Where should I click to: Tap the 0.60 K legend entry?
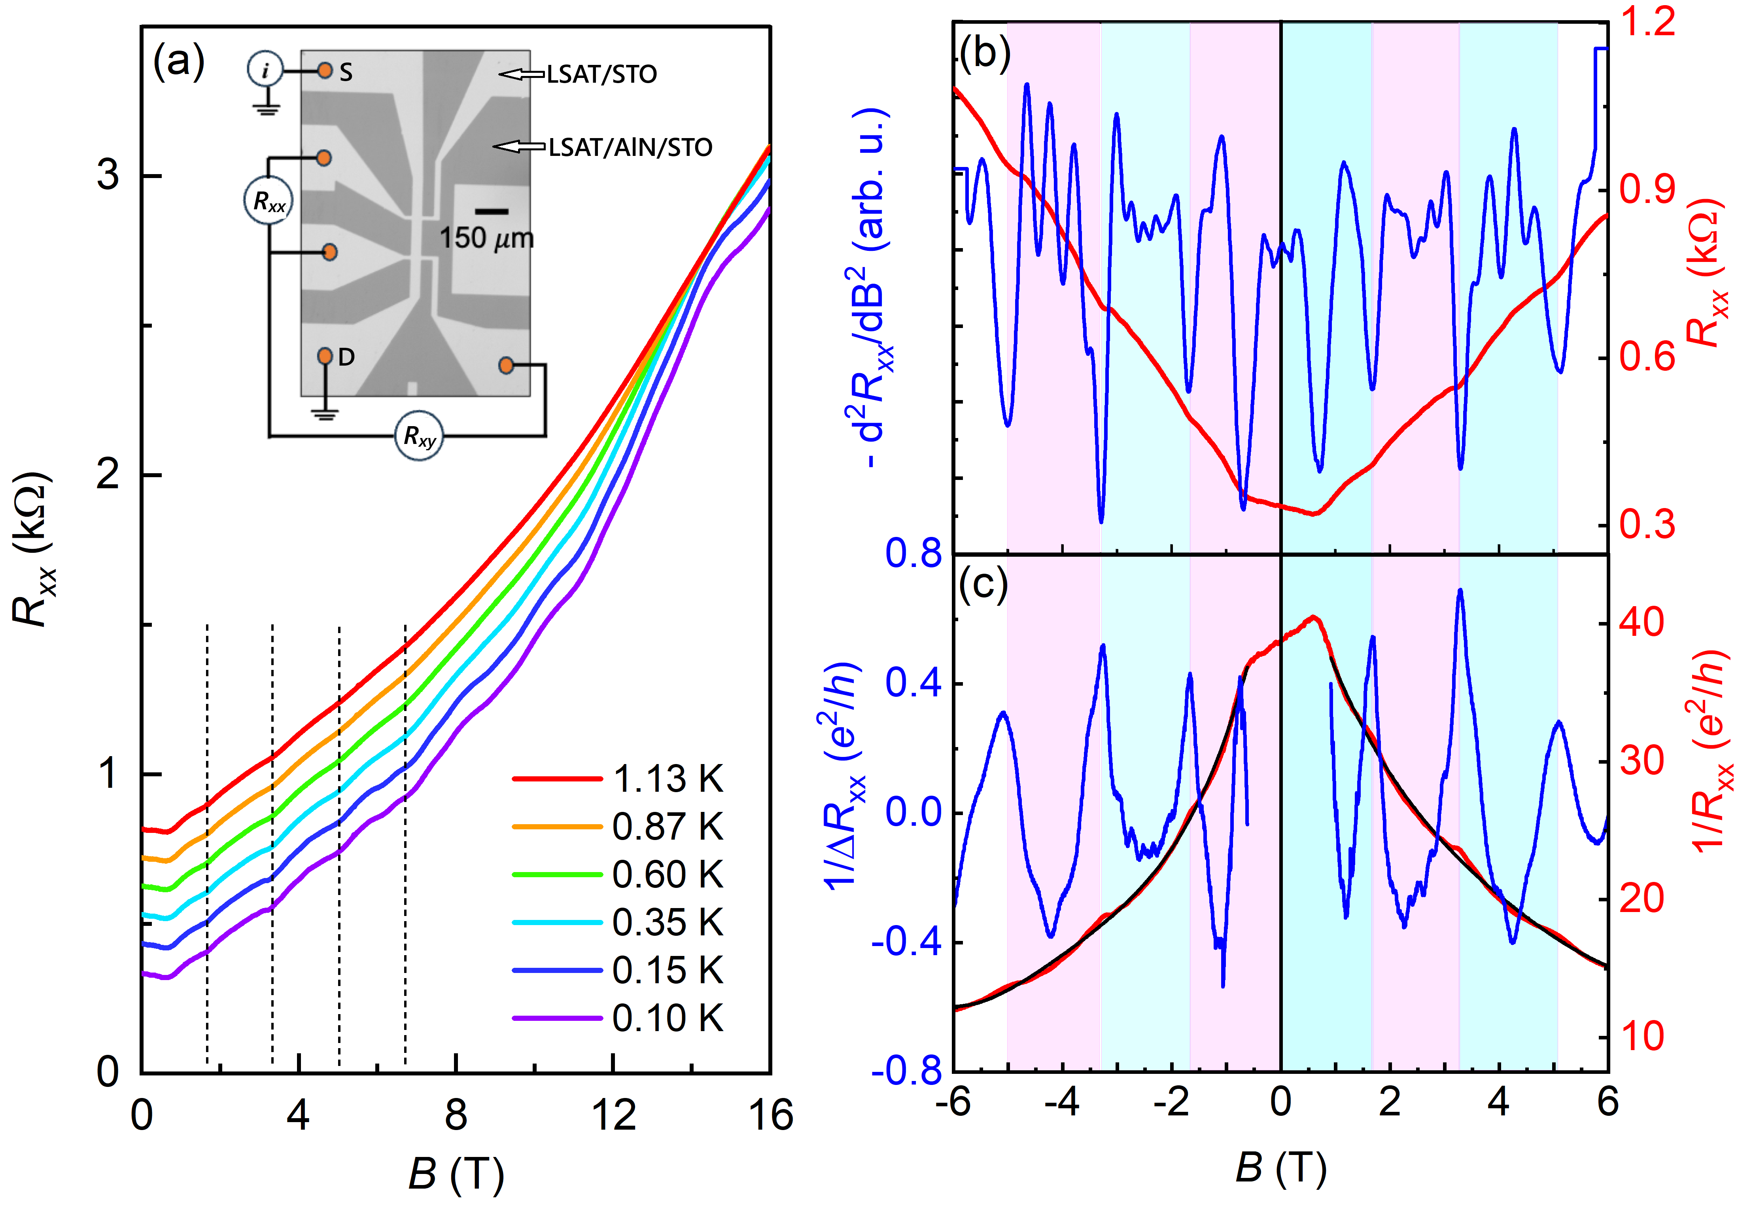667,875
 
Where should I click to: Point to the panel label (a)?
178,61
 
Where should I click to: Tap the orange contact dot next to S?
325,70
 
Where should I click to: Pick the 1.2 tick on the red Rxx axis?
1647,21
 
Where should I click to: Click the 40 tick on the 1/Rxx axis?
1641,622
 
